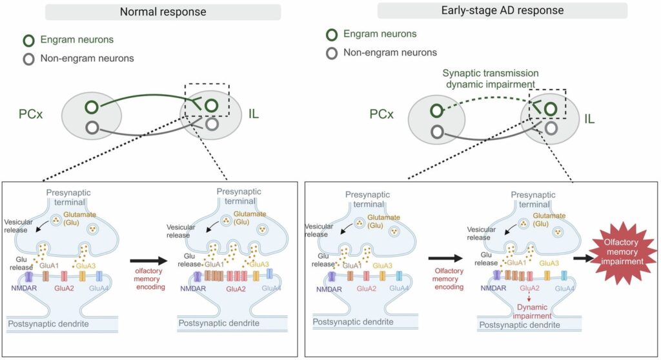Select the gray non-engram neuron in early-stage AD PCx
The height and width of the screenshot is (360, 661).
point(438,132)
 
